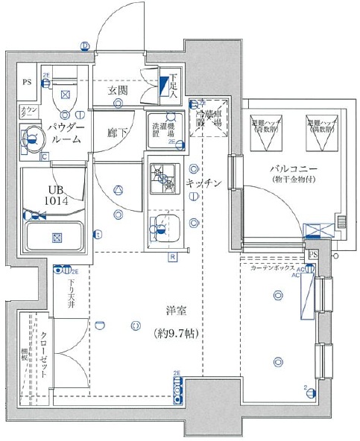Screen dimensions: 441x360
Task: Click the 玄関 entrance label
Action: pos(117,90)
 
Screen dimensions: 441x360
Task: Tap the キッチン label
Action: pos(203,184)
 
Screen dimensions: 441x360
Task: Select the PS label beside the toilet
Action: pos(27,83)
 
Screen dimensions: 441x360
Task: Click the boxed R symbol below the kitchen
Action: pos(172,258)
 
